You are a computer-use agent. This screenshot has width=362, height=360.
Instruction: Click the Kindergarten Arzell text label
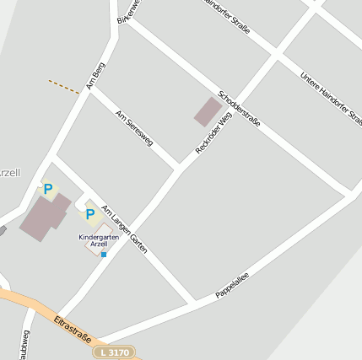point(100,240)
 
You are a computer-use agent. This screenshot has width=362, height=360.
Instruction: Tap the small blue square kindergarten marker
point(104,254)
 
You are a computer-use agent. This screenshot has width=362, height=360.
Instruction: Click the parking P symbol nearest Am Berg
point(48,190)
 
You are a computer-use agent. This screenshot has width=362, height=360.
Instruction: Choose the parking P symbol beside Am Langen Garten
point(89,214)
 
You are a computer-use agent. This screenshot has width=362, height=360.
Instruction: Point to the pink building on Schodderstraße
point(207,111)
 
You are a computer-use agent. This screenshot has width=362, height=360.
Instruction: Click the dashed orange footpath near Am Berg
point(64,86)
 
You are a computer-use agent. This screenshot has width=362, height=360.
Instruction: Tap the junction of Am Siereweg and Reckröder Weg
point(178,168)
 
